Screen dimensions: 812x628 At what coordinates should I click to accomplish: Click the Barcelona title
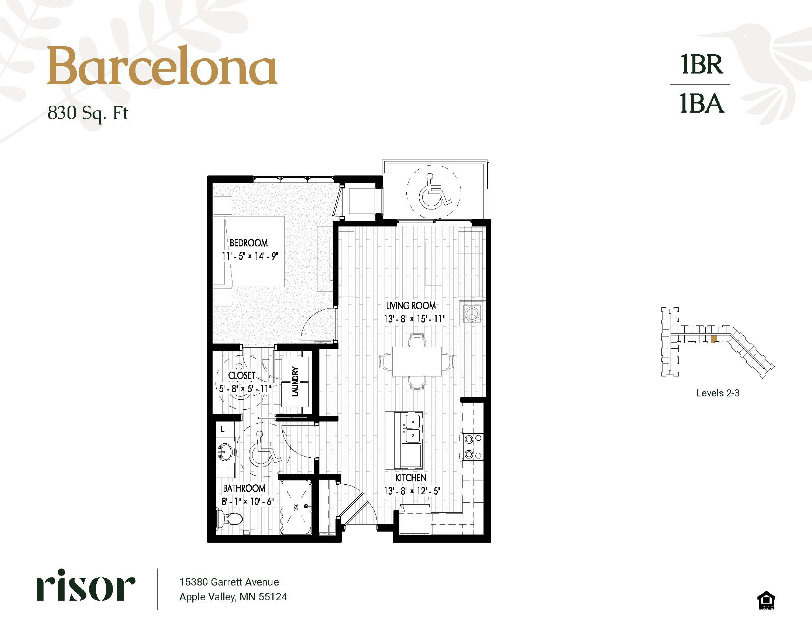click(x=162, y=66)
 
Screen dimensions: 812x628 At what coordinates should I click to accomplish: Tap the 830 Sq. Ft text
click(x=88, y=113)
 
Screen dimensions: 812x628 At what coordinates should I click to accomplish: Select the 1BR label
click(x=702, y=65)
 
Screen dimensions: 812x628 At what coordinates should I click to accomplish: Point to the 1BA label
click(x=702, y=103)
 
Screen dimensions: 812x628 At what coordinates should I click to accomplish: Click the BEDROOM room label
click(x=249, y=243)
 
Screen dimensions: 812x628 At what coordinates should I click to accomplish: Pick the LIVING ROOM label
click(x=411, y=306)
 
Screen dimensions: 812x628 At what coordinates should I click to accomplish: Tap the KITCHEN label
click(x=411, y=478)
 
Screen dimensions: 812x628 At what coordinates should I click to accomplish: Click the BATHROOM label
click(x=244, y=488)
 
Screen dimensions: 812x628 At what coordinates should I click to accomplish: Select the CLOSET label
click(x=242, y=375)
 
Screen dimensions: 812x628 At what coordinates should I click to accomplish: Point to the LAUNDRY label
click(x=296, y=381)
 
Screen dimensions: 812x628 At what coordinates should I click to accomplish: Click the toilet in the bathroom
click(x=229, y=518)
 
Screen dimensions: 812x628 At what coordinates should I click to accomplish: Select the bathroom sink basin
click(x=225, y=452)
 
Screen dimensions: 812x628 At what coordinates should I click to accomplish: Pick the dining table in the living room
click(x=417, y=362)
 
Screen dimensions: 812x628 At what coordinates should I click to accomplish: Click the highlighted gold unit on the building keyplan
click(x=713, y=339)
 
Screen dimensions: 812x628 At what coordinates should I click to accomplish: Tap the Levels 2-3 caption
click(x=718, y=393)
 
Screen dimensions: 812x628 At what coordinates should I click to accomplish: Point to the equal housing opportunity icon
click(x=766, y=601)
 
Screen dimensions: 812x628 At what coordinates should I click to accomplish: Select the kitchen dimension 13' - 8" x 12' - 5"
click(x=412, y=491)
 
